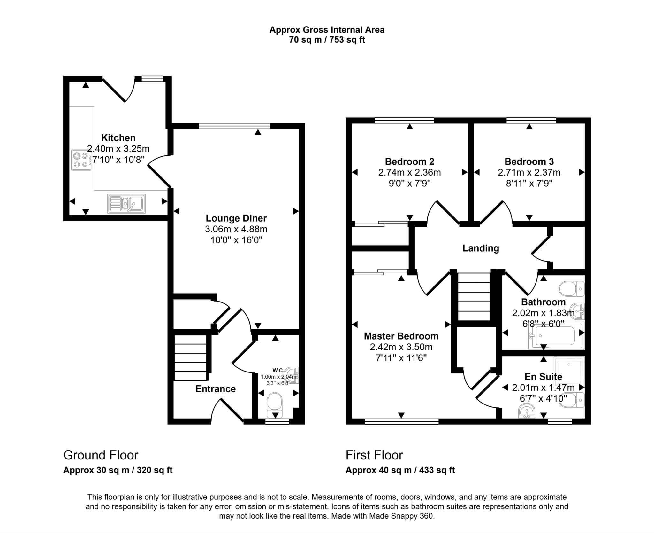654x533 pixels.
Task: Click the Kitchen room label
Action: pos(118,138)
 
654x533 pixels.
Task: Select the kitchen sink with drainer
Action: pos(126,204)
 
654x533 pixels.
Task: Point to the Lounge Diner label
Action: pos(236,218)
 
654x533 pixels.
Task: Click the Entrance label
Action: pos(216,389)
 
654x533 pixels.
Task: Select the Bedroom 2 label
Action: pos(410,161)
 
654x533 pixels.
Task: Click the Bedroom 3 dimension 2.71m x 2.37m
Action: pos(529,172)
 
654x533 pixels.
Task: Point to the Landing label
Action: pos(481,248)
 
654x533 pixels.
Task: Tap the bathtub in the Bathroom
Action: pos(556,336)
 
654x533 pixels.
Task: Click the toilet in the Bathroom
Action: pos(572,289)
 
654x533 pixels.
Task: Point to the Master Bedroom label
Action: pos(401,336)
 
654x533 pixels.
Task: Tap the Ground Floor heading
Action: pos(101,455)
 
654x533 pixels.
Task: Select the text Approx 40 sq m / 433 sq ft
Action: pos(400,470)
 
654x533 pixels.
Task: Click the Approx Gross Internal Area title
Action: pos(327,30)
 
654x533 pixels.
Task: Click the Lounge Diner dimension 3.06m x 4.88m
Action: pos(236,229)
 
